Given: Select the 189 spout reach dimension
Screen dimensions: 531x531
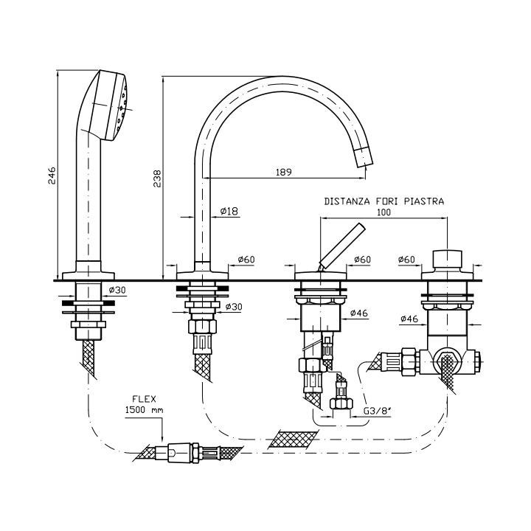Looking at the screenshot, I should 284,172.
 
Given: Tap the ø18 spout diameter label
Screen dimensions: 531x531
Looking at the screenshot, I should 229,212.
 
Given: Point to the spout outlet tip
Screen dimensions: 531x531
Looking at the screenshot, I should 366,156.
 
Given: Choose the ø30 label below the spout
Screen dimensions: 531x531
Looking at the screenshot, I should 234,306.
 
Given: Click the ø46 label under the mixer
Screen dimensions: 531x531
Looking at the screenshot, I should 358,312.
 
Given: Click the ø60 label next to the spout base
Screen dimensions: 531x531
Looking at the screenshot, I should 246,260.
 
